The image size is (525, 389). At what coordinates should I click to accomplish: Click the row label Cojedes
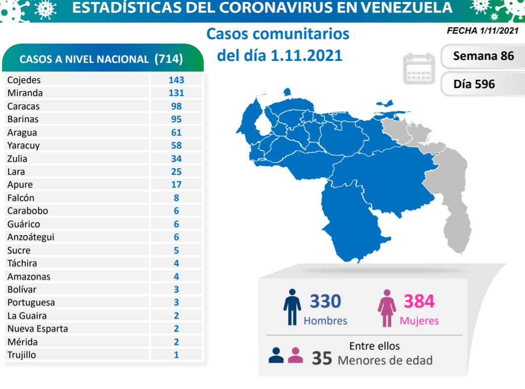point(24,80)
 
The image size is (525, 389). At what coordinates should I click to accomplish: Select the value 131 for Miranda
point(175,93)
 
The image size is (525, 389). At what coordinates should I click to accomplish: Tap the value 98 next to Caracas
point(176,106)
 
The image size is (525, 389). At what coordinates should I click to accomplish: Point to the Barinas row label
point(23,119)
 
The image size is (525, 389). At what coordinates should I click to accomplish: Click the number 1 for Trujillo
point(176,355)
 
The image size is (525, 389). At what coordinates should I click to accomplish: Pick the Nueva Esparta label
point(38,329)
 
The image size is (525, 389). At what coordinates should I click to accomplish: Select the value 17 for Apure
point(176,185)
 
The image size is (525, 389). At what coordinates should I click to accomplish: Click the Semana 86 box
point(483,56)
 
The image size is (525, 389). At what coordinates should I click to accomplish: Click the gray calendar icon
point(419,69)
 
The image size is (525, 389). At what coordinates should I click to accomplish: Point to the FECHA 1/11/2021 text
point(482,31)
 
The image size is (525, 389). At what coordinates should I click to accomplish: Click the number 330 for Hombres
point(325,301)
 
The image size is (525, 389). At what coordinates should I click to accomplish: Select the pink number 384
point(419,301)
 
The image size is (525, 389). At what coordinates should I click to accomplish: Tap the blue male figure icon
point(292,307)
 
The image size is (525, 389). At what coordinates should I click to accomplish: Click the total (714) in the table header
point(169,59)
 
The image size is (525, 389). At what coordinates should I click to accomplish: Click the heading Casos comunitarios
point(277,34)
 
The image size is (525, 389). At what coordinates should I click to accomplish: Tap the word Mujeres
point(419,321)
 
